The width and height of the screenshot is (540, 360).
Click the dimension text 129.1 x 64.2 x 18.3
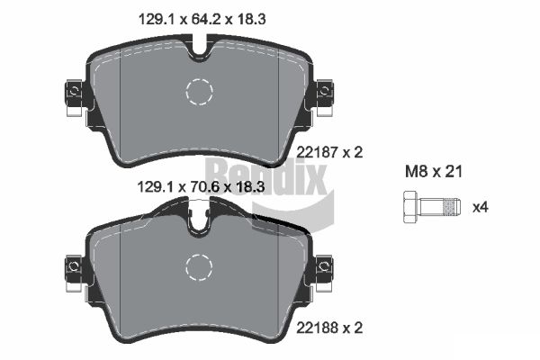pos(202,19)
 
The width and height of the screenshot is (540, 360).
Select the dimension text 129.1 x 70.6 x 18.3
pos(201,187)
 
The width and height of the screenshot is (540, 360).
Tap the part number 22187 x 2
pos(329,152)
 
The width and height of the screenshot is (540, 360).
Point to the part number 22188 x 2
pos(329,328)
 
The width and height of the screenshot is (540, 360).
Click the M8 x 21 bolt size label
pos(434,172)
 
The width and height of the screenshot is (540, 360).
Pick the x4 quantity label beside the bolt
pos(481,207)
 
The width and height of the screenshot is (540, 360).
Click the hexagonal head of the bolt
pos(410,207)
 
